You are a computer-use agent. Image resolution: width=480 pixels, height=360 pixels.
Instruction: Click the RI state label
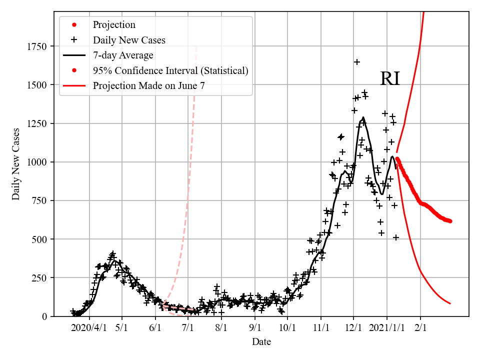coord(390,79)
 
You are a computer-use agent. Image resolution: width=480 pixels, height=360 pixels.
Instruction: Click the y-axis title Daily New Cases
coord(16,164)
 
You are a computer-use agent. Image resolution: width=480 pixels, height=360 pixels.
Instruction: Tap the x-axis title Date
coord(261,342)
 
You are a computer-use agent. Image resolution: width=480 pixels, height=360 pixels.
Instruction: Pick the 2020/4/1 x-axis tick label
coord(89,327)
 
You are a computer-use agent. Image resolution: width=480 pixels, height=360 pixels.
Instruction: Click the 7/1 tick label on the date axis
coord(188,327)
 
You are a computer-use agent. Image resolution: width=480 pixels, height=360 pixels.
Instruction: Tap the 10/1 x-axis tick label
coord(287,327)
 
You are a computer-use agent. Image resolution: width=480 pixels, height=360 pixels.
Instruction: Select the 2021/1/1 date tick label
coord(386,327)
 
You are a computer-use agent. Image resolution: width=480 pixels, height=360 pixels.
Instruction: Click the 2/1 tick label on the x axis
coord(420,327)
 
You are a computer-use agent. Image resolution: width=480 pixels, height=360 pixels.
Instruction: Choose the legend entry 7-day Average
coord(123,55)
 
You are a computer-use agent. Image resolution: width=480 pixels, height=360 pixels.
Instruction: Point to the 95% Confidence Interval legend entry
coord(170,70)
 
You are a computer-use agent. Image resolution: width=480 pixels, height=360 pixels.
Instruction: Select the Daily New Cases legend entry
coord(129,39)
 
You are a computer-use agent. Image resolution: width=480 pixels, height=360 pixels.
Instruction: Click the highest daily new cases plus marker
coord(357,62)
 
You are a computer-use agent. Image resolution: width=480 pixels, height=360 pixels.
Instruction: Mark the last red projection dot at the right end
coord(450,221)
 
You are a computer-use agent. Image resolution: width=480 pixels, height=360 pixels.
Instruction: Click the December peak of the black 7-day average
coord(363,118)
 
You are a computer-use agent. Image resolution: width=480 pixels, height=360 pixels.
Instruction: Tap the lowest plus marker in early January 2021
coord(396,237)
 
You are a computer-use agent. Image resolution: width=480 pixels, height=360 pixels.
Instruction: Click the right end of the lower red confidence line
coord(450,303)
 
